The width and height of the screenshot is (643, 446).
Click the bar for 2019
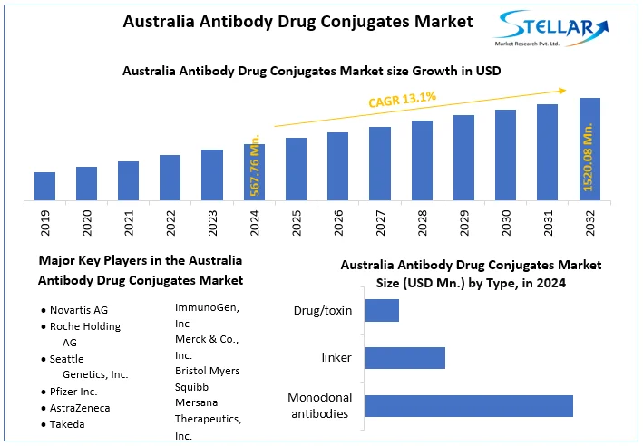(x=45, y=186)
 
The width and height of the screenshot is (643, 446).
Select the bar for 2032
(x=589, y=149)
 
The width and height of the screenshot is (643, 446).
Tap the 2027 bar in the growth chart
(x=380, y=163)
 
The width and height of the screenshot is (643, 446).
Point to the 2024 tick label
(x=255, y=223)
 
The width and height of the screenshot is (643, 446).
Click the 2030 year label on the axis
(x=506, y=223)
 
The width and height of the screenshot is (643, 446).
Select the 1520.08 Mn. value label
(x=589, y=160)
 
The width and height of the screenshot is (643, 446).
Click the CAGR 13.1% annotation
(x=402, y=99)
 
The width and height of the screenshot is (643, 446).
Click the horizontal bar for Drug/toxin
(x=382, y=310)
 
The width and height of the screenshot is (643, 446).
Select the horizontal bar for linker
(x=404, y=358)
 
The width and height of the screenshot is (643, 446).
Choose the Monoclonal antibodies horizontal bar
(x=469, y=405)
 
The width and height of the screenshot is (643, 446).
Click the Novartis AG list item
(x=80, y=309)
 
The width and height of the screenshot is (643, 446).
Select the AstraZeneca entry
(x=80, y=408)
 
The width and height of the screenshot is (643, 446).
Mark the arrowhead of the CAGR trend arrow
(x=563, y=90)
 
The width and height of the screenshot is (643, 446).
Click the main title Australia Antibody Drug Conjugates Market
(x=298, y=22)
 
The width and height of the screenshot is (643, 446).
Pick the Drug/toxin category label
(x=322, y=310)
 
